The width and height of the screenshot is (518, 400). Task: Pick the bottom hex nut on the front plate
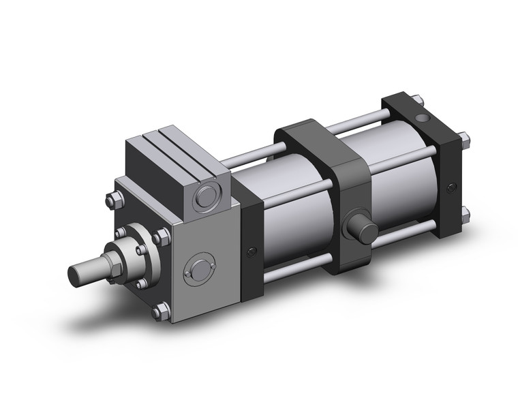(161, 312)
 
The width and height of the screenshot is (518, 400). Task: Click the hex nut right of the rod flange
(162, 237)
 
